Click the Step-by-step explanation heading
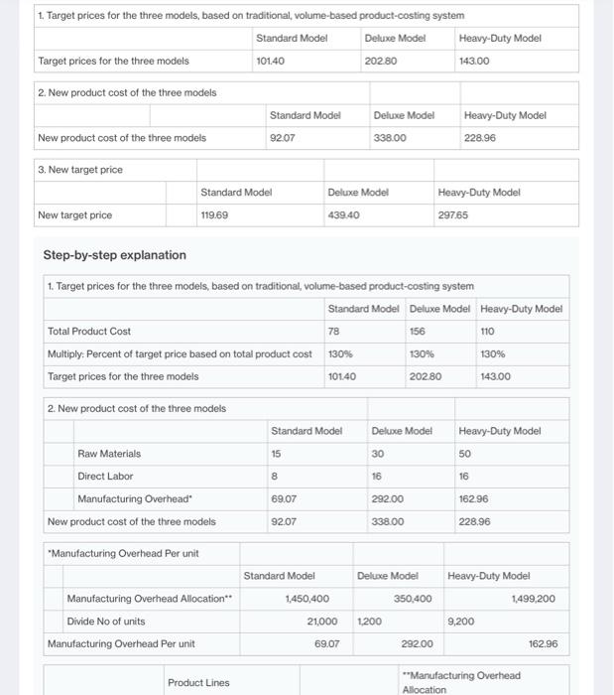[114, 255]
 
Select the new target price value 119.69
[215, 215]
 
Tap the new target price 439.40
[343, 215]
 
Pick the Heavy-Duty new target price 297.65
[452, 215]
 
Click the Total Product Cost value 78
[333, 331]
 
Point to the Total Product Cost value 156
[417, 331]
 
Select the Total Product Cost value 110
[486, 331]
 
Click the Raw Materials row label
[109, 454]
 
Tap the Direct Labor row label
[105, 477]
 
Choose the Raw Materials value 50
[464, 454]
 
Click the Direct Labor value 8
[274, 477]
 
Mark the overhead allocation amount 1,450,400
[307, 599]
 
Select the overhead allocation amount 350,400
[412, 599]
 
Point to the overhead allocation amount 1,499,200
[534, 599]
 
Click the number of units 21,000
[322, 622]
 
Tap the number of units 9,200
[461, 622]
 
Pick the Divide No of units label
[106, 622]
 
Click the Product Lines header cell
[198, 682]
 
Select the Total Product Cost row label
[89, 331]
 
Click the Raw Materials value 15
[276, 454]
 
